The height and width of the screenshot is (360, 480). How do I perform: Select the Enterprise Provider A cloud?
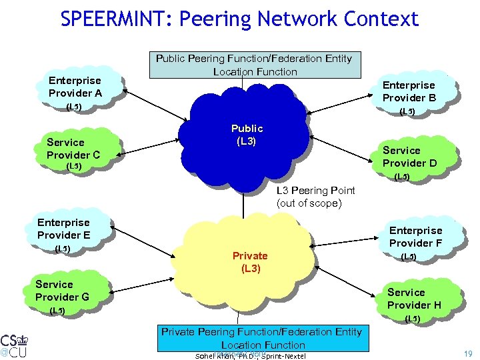coord(75,87)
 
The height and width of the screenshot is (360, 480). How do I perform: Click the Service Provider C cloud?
coord(73,149)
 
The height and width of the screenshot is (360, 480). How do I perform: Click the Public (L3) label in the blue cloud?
coord(247,134)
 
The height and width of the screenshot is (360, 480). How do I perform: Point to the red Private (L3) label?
coord(249,262)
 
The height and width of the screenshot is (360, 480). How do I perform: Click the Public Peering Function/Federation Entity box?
coord(254,65)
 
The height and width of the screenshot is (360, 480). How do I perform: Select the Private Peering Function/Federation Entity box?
coord(262,338)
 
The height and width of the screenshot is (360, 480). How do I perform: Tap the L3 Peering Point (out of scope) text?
coord(315,197)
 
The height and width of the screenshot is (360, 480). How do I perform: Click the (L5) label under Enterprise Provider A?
coord(73,107)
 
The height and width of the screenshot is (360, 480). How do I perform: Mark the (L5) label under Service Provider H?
coord(413,319)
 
